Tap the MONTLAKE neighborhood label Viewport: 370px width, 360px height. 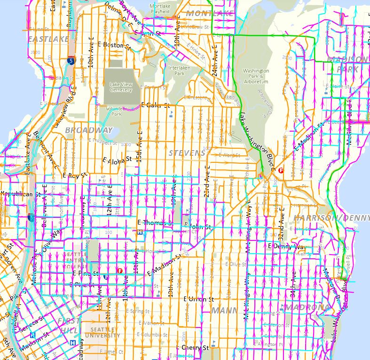click(x=210, y=13)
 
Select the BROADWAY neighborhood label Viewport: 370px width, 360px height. click(x=89, y=130)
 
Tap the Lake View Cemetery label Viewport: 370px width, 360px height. click(x=121, y=87)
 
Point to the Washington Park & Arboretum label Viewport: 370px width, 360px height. click(x=256, y=76)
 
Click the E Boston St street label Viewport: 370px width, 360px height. click(x=115, y=46)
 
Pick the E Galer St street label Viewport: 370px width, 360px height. click(x=154, y=105)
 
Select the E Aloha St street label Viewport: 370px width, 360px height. click(x=118, y=160)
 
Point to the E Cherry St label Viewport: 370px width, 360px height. click(x=193, y=348)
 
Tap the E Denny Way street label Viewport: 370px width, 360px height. click(x=286, y=246)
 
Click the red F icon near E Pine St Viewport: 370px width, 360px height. click(x=120, y=270)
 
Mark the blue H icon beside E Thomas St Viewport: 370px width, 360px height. click(x=140, y=231)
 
